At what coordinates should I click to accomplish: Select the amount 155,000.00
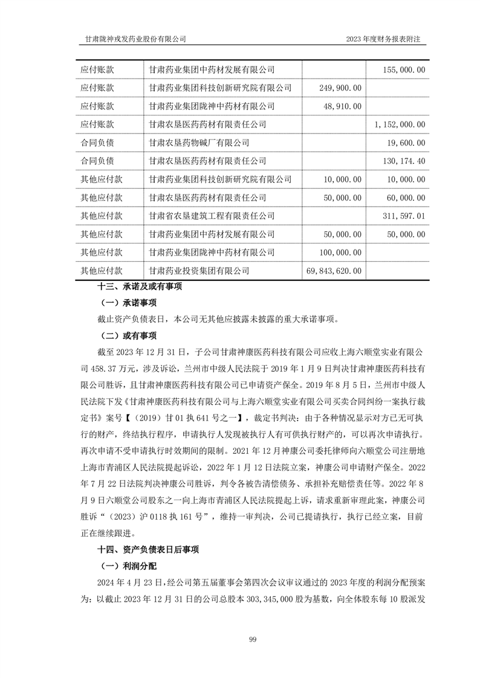[x=404, y=70]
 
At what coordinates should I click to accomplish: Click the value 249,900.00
[x=339, y=88]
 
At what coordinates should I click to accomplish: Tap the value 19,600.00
[x=406, y=143]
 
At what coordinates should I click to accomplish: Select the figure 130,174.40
[x=404, y=161]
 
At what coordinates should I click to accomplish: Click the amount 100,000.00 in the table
[x=339, y=252]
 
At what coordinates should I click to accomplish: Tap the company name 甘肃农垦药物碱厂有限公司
[x=199, y=143]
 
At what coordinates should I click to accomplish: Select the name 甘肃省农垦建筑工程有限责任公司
[x=212, y=215]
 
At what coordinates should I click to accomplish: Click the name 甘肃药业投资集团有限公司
[x=199, y=270]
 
